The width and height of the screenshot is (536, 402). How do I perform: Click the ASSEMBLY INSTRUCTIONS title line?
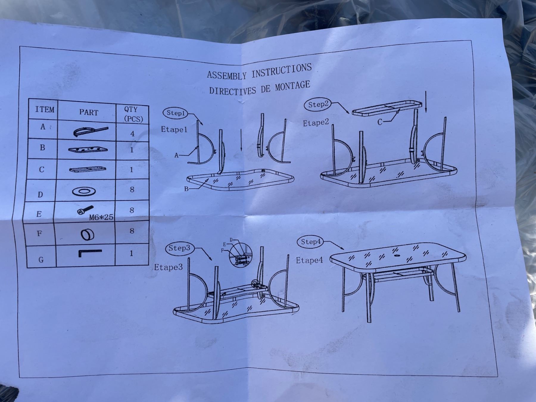coord(259,71)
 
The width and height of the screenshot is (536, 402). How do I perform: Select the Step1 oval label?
coord(176,113)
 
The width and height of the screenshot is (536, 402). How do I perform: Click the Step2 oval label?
coord(318,105)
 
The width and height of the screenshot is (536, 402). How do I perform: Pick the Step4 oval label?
coord(310,242)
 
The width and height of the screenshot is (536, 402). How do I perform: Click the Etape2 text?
coord(316,123)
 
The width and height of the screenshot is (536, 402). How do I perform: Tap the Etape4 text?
coord(309,260)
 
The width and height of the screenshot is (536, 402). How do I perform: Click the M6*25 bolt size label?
coord(101,217)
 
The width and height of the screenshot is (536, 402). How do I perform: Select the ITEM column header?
coord(45,109)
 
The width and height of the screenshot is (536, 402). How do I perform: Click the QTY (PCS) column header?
coord(133,114)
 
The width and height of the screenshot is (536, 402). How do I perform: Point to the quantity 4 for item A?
coord(133,134)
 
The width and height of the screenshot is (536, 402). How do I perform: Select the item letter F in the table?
coord(39,233)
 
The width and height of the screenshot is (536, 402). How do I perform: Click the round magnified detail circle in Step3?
coord(241,255)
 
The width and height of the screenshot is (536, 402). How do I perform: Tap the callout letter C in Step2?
coord(380,122)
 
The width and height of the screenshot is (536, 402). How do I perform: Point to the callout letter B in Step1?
coord(186,189)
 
